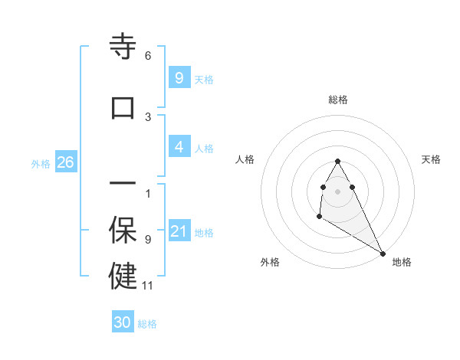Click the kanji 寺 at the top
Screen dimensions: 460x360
coord(123,47)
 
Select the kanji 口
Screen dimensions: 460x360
coord(123,107)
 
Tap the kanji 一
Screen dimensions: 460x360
coord(123,185)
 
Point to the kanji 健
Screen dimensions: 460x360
coord(123,276)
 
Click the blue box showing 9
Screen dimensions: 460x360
coord(179,77)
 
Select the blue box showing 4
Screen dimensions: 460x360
coord(179,147)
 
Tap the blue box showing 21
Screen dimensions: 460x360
coord(179,231)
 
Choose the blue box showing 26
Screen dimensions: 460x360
coord(65,162)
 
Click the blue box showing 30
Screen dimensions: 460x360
coord(123,322)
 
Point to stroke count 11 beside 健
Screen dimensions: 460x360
coord(148,286)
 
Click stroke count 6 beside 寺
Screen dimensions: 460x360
coord(148,56)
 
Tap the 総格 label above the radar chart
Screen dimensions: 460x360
coord(338,100)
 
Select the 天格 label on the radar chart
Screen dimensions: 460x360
coord(431,159)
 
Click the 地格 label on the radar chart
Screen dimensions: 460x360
coord(402,262)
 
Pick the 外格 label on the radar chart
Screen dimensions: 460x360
coord(270,262)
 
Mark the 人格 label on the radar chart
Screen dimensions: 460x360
coord(245,159)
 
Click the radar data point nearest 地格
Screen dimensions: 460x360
coord(383,253)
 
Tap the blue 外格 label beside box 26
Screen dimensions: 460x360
coord(41,163)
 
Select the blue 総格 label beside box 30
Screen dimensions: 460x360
coord(147,324)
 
